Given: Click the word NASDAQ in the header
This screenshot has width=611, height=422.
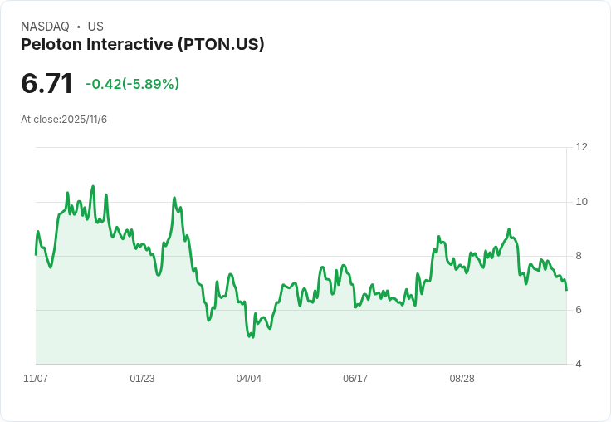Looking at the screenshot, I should pyautogui.click(x=45, y=27).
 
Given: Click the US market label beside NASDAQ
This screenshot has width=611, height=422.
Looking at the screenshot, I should pyautogui.click(x=95, y=27).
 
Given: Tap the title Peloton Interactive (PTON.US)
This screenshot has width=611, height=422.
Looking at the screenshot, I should pyautogui.click(x=143, y=44).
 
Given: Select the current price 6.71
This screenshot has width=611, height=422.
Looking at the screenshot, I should pyautogui.click(x=47, y=83).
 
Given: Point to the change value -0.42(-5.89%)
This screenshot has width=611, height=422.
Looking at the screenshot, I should pyautogui.click(x=133, y=84).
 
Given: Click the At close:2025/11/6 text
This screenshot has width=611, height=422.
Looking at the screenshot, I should pyautogui.click(x=64, y=120).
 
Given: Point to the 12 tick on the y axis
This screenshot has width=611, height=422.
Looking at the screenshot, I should pyautogui.click(x=581, y=147).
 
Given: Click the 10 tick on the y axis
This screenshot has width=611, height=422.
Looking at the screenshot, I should pyautogui.click(x=581, y=202).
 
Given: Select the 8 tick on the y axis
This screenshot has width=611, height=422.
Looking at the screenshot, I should pyautogui.click(x=579, y=256).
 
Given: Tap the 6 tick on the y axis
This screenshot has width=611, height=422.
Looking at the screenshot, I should pyautogui.click(x=579, y=310).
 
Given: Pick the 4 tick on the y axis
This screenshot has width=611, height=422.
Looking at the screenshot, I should pyautogui.click(x=579, y=364).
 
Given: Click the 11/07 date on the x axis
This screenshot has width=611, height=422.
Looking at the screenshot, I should pyautogui.click(x=36, y=379).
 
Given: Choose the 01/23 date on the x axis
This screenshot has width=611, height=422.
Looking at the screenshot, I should pyautogui.click(x=142, y=379).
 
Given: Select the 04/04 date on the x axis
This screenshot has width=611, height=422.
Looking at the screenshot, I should pyautogui.click(x=249, y=379).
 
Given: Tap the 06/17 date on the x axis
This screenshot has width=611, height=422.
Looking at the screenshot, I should pyautogui.click(x=355, y=379).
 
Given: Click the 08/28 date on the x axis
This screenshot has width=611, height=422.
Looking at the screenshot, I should pyautogui.click(x=462, y=379).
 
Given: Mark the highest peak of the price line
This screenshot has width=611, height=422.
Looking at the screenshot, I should pyautogui.click(x=93, y=186).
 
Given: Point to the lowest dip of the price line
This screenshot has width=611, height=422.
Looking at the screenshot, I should pyautogui.click(x=251, y=337).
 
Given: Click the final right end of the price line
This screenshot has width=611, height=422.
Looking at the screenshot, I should pyautogui.click(x=567, y=290).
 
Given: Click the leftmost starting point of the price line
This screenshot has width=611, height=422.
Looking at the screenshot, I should pyautogui.click(x=36, y=254).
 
